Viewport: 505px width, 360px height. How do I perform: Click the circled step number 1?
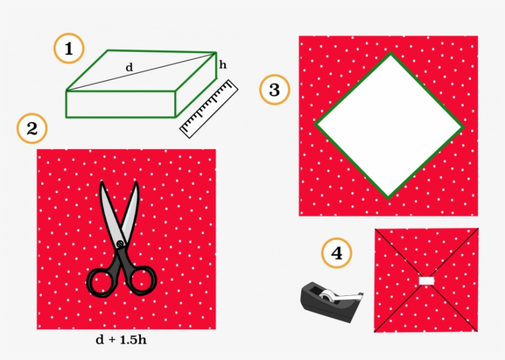(70, 49)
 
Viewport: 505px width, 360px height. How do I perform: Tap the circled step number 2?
(32, 129)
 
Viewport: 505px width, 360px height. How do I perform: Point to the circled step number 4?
(337, 253)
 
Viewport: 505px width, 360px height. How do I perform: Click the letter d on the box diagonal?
(129, 67)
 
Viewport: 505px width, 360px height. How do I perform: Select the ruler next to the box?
(209, 108)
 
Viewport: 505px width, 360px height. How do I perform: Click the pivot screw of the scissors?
(121, 244)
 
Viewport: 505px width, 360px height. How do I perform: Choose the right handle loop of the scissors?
(141, 280)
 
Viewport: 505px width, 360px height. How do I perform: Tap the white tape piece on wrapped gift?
(427, 281)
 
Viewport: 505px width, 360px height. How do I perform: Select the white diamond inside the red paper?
(389, 125)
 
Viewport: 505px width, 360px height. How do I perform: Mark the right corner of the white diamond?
(462, 128)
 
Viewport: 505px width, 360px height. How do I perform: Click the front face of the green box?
(121, 104)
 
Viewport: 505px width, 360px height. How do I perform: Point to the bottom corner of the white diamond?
(388, 197)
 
